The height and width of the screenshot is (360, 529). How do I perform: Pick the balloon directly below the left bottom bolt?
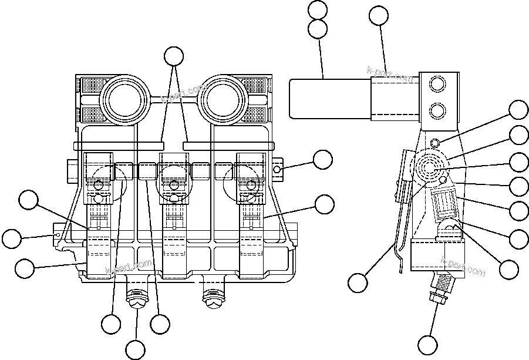[136, 349]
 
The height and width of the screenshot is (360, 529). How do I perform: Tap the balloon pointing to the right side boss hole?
[322, 159]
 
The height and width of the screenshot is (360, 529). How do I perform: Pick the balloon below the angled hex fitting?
[427, 343]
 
